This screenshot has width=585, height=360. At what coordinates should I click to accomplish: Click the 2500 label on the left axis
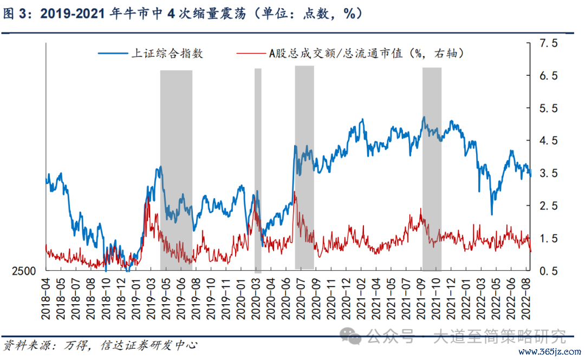point(24,271)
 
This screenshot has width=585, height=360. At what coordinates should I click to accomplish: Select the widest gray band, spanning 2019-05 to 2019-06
point(176,168)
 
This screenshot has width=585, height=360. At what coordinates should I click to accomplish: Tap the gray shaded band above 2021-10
point(432,168)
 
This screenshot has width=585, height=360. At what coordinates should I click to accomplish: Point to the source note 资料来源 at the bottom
point(100,344)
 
